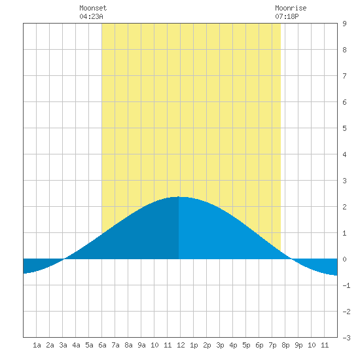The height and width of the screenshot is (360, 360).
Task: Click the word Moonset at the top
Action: (x=93, y=8)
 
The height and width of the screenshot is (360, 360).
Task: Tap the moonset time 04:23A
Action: (x=91, y=16)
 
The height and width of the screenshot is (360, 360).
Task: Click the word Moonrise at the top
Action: (x=291, y=8)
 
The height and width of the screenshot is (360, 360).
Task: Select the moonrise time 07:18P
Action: (x=287, y=16)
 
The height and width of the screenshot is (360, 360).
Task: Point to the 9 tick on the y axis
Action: (x=344, y=24)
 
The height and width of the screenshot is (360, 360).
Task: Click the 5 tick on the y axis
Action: (x=344, y=128)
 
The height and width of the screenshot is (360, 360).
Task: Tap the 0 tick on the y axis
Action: (x=344, y=259)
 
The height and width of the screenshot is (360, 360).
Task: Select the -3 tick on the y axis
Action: (x=346, y=338)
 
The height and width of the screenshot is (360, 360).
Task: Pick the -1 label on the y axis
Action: (x=346, y=285)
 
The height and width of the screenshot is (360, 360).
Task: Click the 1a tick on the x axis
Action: (x=37, y=345)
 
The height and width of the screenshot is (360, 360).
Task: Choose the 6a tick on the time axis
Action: (x=102, y=345)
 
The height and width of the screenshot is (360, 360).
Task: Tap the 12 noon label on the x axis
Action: (x=181, y=345)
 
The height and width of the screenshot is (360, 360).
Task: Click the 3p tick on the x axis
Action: (x=220, y=345)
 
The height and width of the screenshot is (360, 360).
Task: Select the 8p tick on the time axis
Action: (x=285, y=345)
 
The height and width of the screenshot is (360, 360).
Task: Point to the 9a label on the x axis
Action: (x=141, y=345)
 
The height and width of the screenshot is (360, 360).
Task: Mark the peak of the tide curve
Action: (x=179, y=197)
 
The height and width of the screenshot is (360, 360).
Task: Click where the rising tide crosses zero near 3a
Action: (x=64, y=259)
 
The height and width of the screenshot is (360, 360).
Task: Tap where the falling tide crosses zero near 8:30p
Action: (x=291, y=259)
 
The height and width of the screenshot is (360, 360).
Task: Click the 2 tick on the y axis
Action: (x=344, y=207)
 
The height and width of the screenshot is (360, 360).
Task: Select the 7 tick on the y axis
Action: (x=344, y=76)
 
